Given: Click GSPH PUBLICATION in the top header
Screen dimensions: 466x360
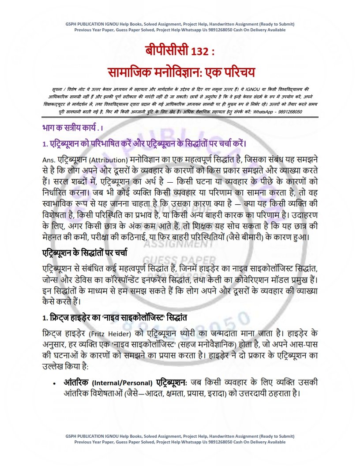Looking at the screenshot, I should pyautogui.click(x=84, y=24).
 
